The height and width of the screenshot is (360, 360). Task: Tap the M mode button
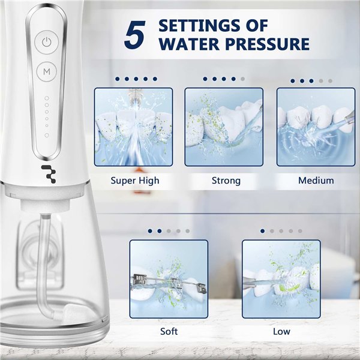47,71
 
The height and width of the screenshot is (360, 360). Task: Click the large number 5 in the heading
135,34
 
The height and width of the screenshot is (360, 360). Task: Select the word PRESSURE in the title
268,44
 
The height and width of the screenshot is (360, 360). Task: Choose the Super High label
135,181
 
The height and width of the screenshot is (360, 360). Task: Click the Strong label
226,181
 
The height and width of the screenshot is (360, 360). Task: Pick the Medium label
316,181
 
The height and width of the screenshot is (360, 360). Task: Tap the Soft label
169,332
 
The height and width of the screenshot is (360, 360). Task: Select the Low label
281,332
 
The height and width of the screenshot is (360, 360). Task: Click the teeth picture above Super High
133,127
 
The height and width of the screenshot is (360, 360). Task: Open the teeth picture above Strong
224,127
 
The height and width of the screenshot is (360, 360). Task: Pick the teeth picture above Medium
316,127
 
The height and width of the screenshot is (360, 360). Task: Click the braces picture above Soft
169,279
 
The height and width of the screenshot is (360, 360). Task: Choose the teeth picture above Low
281,279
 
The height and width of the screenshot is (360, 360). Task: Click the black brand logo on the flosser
49,174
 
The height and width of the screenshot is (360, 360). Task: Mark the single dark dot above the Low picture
263,231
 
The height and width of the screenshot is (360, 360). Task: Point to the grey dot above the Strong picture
242,79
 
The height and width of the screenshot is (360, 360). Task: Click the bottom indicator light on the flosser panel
47,135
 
